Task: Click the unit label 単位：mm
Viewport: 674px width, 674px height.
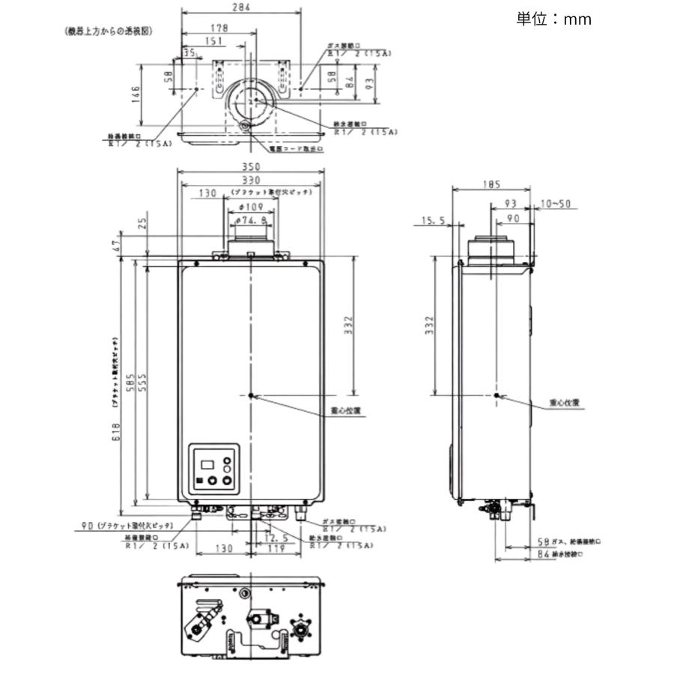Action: click(553, 19)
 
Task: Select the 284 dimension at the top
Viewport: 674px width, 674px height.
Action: click(241, 7)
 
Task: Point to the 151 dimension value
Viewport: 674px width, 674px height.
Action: click(213, 41)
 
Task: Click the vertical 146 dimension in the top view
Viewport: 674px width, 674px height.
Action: click(136, 95)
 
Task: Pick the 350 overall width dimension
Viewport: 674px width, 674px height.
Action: click(251, 166)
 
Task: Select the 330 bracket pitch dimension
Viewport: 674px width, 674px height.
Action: click(251, 180)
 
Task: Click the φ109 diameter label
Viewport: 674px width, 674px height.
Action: click(252, 206)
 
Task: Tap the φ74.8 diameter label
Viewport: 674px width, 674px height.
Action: click(252, 220)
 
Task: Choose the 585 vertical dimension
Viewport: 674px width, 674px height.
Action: click(130, 383)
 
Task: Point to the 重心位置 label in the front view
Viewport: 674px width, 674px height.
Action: click(346, 410)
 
